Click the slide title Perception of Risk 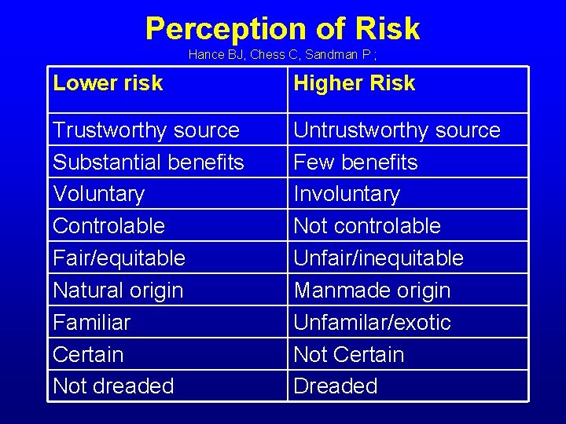pyautogui.click(x=282, y=29)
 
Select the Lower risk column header pyautogui.click(x=108, y=83)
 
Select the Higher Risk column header pyautogui.click(x=354, y=83)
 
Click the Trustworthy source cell pyautogui.click(x=146, y=130)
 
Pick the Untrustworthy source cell pyautogui.click(x=397, y=130)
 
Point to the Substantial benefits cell pyautogui.click(x=149, y=163)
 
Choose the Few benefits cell pyautogui.click(x=355, y=163)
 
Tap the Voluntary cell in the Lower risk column pyautogui.click(x=99, y=194)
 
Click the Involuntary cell pyautogui.click(x=347, y=194)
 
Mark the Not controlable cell pyautogui.click(x=367, y=226)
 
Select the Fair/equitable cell pyautogui.click(x=119, y=258)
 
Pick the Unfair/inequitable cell pyautogui.click(x=378, y=258)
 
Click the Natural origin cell pyautogui.click(x=118, y=291)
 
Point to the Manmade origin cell pyautogui.click(x=372, y=291)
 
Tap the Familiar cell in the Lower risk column pyautogui.click(x=92, y=323)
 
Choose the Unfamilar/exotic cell pyautogui.click(x=372, y=323)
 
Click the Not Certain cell pyautogui.click(x=348, y=355)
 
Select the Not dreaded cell pyautogui.click(x=113, y=386)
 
